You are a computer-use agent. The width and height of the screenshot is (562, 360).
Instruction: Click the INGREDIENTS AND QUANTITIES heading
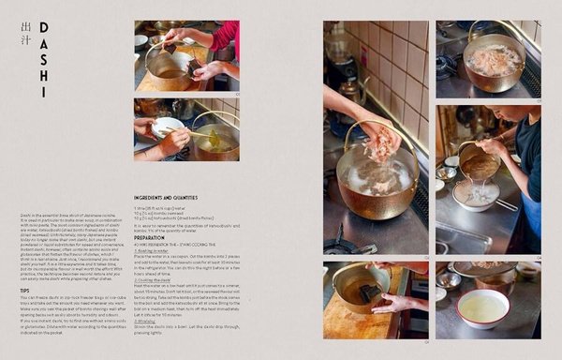(x=165, y=197)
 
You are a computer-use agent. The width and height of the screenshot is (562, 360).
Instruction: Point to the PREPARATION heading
(x=150, y=237)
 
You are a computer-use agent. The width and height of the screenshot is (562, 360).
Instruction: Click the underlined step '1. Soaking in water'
(x=155, y=250)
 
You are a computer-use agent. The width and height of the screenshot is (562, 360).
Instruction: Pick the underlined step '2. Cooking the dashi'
(x=155, y=279)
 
